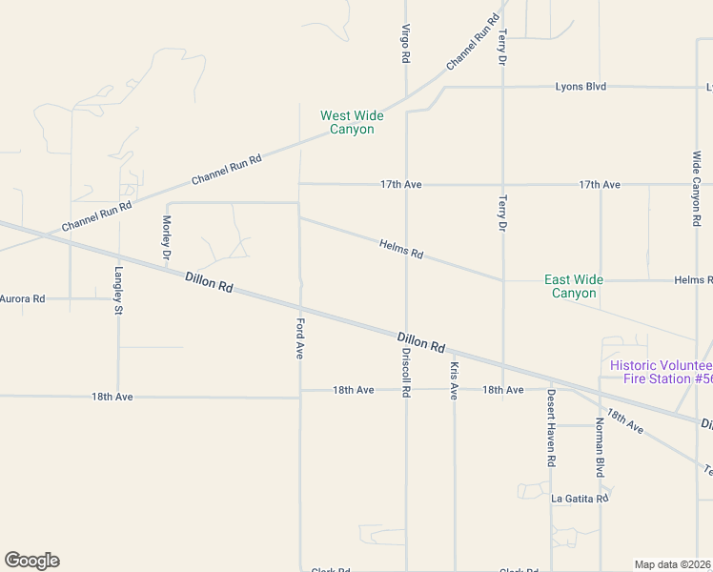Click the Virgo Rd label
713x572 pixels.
tap(406, 44)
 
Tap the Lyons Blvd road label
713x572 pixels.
tap(581, 87)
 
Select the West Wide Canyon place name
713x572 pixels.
tap(352, 122)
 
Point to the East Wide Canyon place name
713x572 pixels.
tap(574, 286)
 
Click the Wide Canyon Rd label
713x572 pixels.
tap(697, 189)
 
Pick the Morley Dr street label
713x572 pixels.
tap(166, 237)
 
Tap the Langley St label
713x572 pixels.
tap(119, 290)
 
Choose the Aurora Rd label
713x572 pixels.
tap(22, 298)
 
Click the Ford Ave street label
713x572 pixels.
tap(299, 339)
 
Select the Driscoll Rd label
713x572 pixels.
tap(406, 372)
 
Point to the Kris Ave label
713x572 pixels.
tap(455, 380)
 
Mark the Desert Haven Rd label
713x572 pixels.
tap(551, 428)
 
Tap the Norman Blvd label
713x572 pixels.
tap(601, 447)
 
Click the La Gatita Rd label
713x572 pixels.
tap(580, 498)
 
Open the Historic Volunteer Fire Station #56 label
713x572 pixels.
tap(662, 372)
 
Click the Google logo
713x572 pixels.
tap(31, 561)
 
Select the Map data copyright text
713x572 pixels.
tap(673, 564)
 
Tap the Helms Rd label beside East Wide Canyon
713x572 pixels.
tap(693, 280)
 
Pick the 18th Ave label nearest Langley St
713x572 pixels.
tap(112, 396)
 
